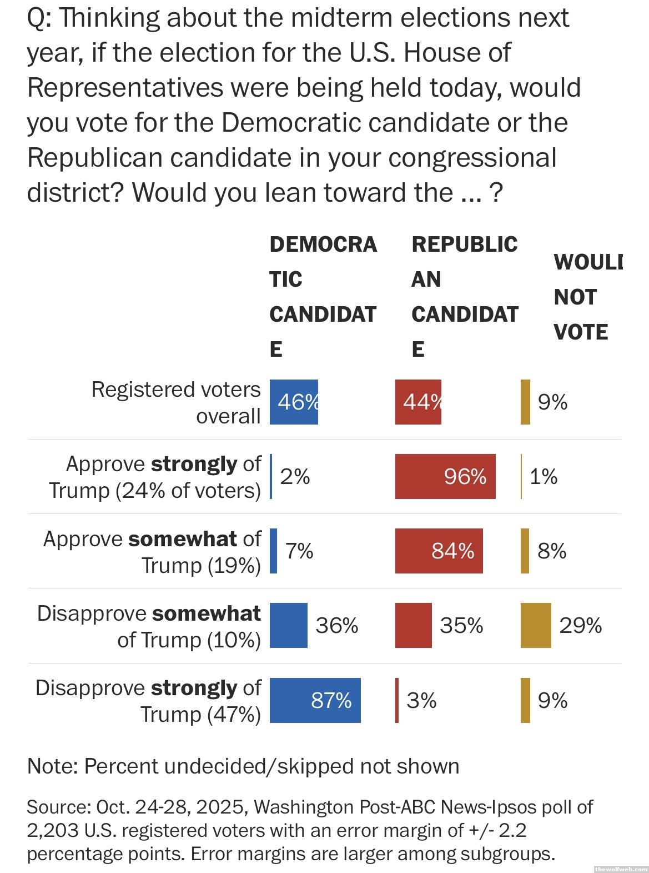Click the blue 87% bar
(x=315, y=700)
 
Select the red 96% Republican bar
(x=445, y=476)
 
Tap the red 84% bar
(x=439, y=551)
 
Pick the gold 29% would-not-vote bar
(x=536, y=625)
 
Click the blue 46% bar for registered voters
(x=294, y=402)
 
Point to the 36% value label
(x=337, y=626)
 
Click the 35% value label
(x=461, y=626)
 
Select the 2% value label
(x=295, y=476)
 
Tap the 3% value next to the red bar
(x=421, y=700)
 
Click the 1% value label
(x=544, y=476)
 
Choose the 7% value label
(x=299, y=551)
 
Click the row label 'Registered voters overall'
(x=176, y=402)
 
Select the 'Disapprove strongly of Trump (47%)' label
(x=148, y=701)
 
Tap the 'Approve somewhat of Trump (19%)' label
(x=152, y=552)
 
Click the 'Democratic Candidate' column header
(x=323, y=297)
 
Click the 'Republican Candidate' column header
(x=465, y=297)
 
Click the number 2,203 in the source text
(x=49, y=830)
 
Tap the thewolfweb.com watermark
(x=620, y=869)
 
